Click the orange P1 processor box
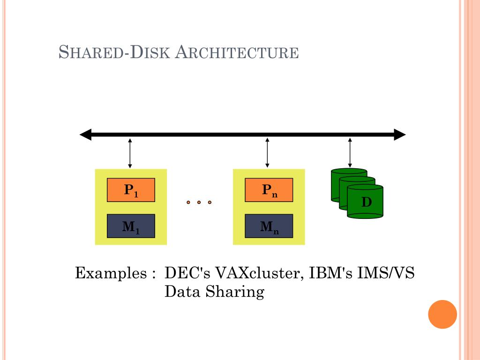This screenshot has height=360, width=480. [x=131, y=190]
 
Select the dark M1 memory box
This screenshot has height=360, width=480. [x=131, y=226]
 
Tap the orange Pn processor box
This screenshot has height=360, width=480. [x=269, y=190]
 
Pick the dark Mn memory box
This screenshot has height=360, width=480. [x=269, y=226]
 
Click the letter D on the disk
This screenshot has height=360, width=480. [x=366, y=202]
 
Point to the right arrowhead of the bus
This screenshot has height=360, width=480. [x=399, y=135]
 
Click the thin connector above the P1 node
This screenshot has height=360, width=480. [x=130, y=153]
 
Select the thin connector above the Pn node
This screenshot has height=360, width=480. [x=267, y=153]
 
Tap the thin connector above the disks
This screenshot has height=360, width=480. [x=350, y=153]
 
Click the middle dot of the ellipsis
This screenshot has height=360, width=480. [x=199, y=202]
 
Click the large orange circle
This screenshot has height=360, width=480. [x=442, y=314]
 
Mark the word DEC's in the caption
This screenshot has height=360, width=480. [x=186, y=273]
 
